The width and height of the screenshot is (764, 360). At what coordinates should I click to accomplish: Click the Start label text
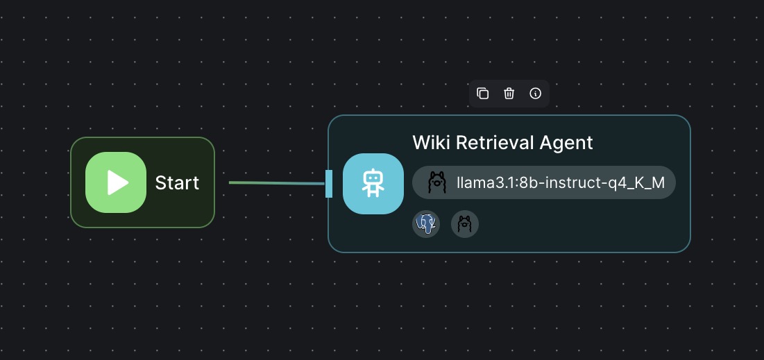pos(177,182)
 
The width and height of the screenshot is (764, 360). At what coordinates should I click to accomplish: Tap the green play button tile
pos(116,182)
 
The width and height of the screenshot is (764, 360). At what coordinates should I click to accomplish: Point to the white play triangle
pos(118,182)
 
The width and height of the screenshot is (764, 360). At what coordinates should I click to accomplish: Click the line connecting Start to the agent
pos(277,183)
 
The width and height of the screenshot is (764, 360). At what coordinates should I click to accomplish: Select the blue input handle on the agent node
pos(329,184)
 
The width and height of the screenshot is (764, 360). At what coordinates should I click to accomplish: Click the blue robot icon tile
pos(373,184)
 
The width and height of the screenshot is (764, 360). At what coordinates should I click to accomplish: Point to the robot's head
pos(373,177)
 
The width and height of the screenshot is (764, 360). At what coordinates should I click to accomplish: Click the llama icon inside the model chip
pos(437,182)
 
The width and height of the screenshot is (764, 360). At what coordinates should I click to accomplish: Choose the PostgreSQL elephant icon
pos(426,224)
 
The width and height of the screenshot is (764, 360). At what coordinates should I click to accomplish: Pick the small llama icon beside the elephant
pos(465,224)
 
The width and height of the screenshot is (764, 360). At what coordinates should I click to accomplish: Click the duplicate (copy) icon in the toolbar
pos(482,94)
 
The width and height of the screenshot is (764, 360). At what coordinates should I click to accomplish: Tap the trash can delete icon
pos(509,94)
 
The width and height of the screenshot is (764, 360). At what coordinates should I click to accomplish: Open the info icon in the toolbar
pos(536,94)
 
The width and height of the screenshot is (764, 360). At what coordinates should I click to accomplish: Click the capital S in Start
pos(160,182)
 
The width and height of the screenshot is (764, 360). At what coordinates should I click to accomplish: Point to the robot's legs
pos(373,193)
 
